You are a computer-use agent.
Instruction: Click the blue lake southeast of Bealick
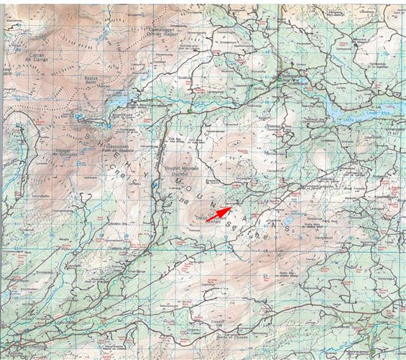click(x=119, y=101)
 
